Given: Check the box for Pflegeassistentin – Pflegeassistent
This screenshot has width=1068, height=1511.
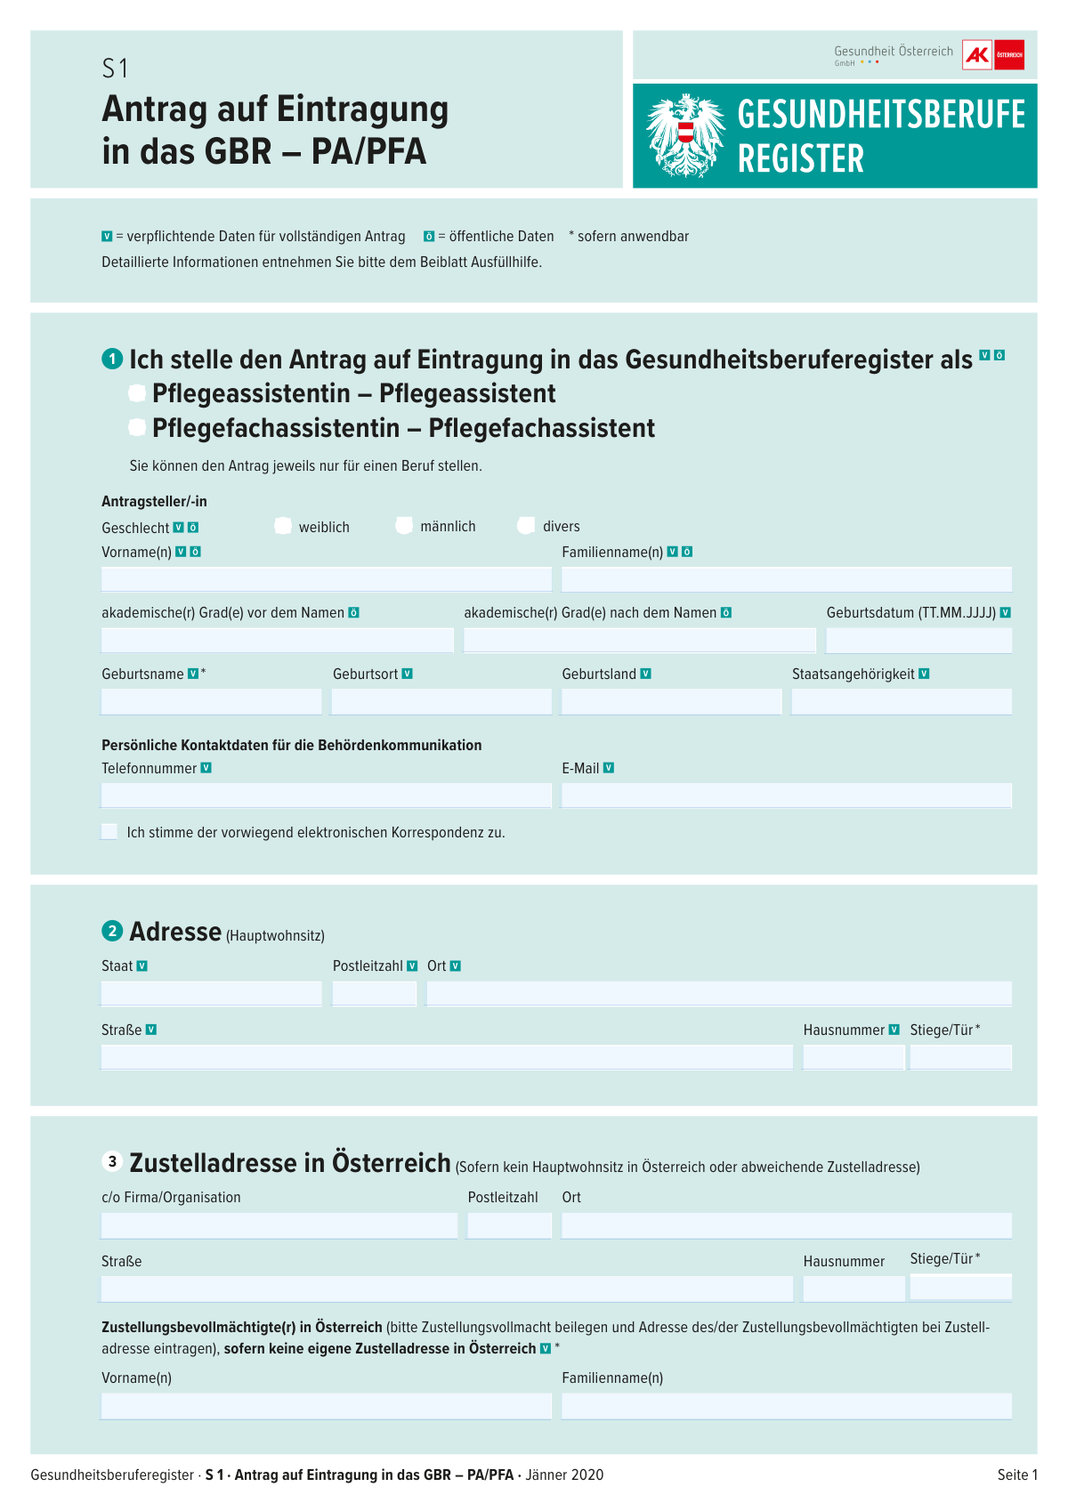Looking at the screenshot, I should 137,393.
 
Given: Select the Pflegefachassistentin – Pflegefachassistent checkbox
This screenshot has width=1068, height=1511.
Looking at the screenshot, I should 137,428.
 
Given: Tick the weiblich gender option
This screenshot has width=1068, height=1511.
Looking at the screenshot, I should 283,526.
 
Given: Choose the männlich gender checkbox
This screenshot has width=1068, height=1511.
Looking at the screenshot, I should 404,526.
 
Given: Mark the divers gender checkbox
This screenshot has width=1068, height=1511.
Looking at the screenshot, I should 526,526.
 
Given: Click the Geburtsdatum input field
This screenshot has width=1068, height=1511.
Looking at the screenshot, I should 918,641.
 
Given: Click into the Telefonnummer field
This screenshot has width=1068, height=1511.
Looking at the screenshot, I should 326,796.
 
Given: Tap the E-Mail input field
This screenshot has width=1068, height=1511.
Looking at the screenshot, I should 786,796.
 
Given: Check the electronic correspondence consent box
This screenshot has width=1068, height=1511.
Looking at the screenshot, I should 109,832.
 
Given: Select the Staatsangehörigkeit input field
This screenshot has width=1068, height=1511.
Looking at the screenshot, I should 901,702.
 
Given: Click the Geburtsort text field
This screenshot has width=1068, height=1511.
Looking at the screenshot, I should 441,702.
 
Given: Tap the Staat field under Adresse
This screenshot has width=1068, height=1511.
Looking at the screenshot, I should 211,994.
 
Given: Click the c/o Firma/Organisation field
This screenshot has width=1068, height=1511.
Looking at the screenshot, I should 279,1225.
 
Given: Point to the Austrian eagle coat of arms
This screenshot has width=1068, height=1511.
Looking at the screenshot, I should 684,135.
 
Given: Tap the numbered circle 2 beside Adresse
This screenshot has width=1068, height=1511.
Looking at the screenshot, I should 112,932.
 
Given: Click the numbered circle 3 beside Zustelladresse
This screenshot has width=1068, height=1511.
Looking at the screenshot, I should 112,1162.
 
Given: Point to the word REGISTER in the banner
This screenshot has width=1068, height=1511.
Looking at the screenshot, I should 800,159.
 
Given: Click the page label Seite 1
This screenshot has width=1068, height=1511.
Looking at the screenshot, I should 1017,1475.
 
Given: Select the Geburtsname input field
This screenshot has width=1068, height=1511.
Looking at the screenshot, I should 211,702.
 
